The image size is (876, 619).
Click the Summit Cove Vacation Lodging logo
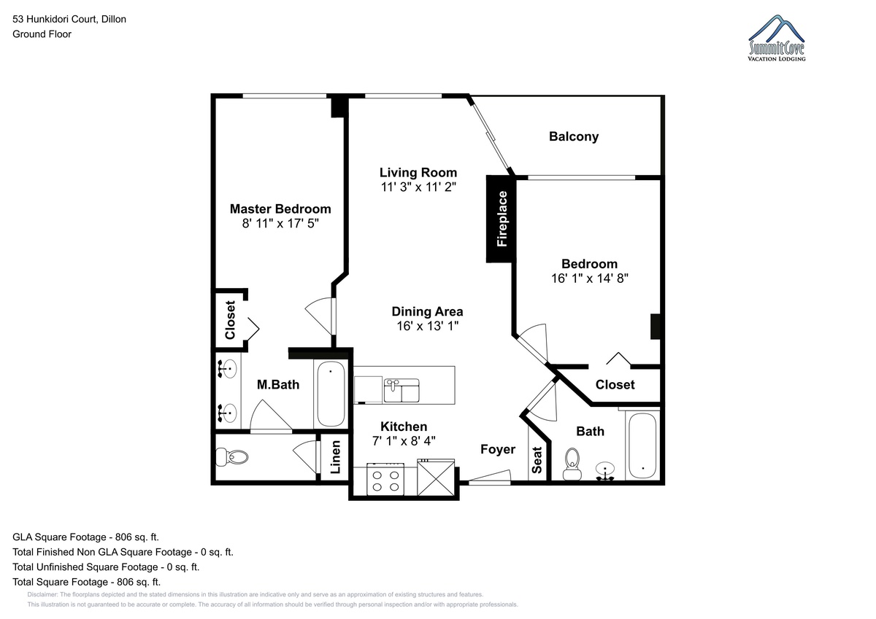(776, 38)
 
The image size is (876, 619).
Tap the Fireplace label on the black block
(502, 219)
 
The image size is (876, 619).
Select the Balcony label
(574, 136)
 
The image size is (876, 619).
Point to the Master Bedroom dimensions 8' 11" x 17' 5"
(280, 223)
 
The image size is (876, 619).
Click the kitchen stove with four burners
(385, 479)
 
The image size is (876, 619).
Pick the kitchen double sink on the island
(401, 390)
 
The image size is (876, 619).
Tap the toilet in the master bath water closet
(231, 456)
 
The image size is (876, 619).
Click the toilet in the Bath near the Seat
(572, 464)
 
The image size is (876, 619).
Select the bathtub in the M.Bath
(331, 394)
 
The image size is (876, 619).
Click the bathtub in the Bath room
(642, 445)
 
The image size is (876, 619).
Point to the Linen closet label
(336, 457)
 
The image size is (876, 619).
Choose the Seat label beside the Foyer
(537, 460)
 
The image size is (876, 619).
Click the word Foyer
(498, 450)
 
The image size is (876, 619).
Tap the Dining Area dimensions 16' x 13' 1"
(428, 326)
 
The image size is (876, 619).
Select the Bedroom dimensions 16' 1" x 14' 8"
(590, 278)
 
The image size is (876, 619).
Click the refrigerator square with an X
(436, 478)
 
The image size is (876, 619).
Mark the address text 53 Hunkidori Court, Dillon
(69, 19)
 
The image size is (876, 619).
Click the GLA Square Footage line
(85, 537)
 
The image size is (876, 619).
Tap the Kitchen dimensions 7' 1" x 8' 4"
(404, 441)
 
